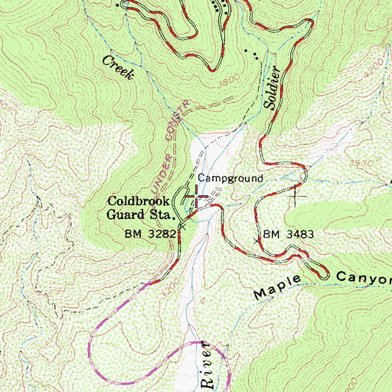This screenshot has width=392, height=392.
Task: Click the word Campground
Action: point(230,178)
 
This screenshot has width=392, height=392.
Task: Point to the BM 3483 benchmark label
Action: point(289,233)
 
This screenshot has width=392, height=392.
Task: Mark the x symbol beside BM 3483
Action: point(256,240)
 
